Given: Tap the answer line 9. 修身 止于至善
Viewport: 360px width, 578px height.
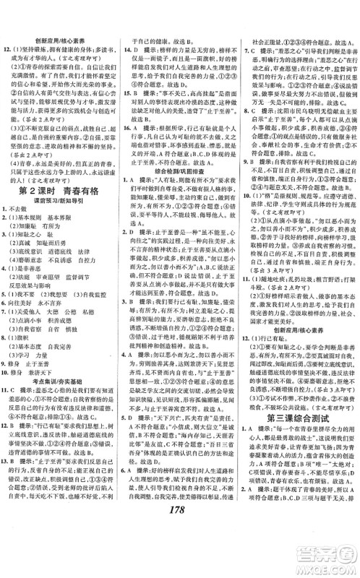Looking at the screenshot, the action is click(40, 364).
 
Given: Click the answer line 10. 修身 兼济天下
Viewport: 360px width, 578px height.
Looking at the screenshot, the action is click(40, 374).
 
